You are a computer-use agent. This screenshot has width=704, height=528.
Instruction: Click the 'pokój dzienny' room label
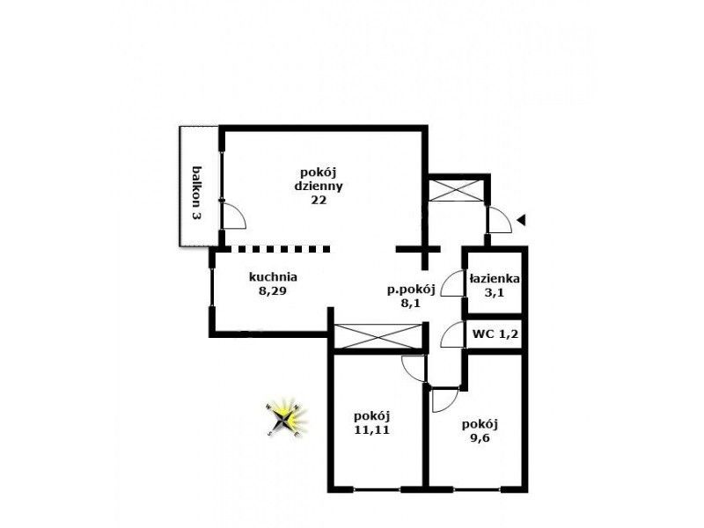tap(319, 179)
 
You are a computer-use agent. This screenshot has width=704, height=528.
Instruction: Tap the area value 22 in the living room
tap(319, 201)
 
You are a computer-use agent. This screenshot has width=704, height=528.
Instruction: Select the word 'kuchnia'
tap(273, 276)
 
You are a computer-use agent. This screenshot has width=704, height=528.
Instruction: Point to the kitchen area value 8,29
tap(273, 291)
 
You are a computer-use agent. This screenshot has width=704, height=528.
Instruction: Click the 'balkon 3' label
tap(196, 193)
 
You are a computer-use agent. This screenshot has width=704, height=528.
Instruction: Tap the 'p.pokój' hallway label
tap(411, 290)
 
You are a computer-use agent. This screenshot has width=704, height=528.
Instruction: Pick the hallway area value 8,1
tap(411, 304)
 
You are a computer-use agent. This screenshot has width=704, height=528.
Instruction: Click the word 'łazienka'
tap(495, 279)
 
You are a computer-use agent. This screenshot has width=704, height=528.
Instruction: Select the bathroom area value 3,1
tap(495, 293)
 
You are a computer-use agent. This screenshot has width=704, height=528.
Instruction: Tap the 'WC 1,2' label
tap(495, 334)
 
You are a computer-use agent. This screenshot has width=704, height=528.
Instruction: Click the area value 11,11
tap(371, 429)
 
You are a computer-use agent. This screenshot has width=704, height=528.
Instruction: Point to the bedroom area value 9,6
tap(480, 438)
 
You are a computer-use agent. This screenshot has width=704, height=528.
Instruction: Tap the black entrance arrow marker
tap(521, 220)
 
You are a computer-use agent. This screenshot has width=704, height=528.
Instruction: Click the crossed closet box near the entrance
tap(456, 190)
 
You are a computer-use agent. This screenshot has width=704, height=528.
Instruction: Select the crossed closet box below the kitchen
tap(379, 336)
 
